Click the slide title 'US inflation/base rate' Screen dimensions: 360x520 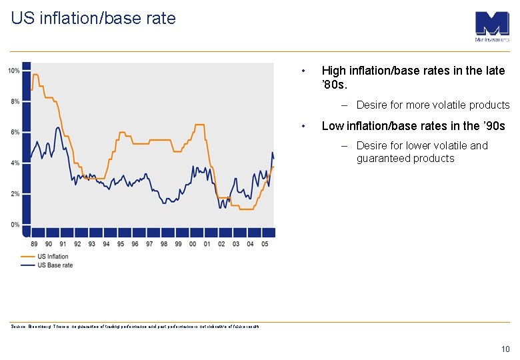(x=93, y=18)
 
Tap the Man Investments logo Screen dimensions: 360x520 (x=492, y=26)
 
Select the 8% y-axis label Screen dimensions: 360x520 (x=15, y=101)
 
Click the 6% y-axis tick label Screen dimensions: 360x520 (x=15, y=132)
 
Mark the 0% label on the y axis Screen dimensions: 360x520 (x=15, y=225)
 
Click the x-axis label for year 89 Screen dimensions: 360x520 (x=34, y=244)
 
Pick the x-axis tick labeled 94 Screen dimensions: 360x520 (x=106, y=244)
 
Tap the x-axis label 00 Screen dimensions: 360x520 (x=193, y=244)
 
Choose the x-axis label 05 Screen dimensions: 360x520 (x=265, y=244)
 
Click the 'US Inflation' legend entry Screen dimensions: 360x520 (x=53, y=257)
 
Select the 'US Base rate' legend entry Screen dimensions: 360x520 (x=55, y=265)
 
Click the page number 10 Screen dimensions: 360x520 (x=505, y=349)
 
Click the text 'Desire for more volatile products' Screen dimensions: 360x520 (x=433, y=105)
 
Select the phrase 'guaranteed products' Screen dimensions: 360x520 (x=405, y=159)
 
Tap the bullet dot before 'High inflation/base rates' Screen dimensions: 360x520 (x=303, y=71)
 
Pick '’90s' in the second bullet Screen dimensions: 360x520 (x=493, y=126)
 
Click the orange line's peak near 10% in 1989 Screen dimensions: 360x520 (x=35, y=75)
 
